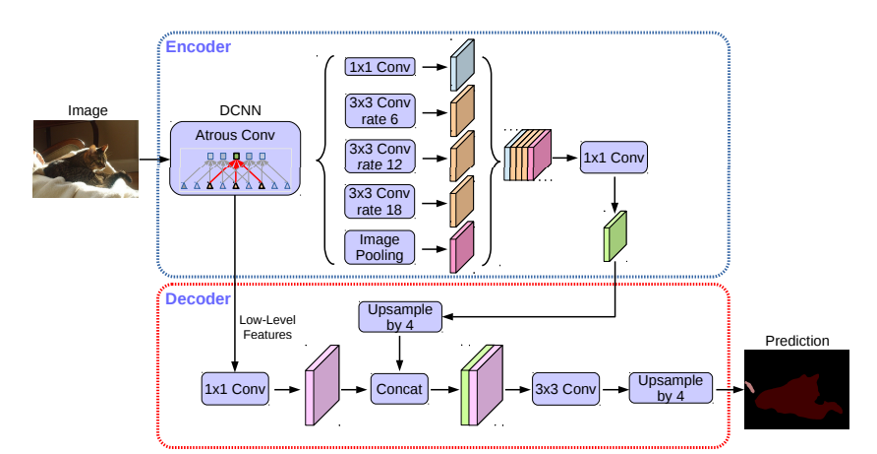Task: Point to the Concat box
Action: point(398,389)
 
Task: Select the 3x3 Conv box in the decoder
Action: point(565,388)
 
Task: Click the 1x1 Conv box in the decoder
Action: point(234,388)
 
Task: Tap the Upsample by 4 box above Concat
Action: point(399,317)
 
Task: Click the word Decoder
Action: point(197,298)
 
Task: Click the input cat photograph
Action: point(88,159)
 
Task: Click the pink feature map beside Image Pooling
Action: point(461,247)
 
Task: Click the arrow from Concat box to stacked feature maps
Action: point(445,389)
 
